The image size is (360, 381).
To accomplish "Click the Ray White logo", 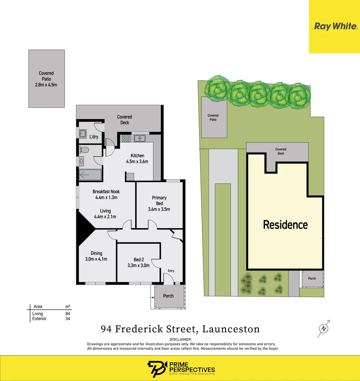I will (335, 26).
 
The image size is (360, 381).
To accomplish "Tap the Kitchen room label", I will (137, 156).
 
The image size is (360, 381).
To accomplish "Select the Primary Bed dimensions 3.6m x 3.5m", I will (159, 209).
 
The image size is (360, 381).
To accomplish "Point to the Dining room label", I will (96, 253).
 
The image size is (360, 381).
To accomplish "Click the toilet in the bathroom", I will (84, 150).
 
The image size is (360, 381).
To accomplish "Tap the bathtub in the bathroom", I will (90, 174).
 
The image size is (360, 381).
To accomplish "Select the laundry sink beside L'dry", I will (83, 134).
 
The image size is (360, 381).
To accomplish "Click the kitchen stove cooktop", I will (126, 138).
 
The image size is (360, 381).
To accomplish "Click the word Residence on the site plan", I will (285, 225).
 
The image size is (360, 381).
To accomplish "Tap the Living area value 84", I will (67, 314).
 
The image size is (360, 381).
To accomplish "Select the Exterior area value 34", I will (67, 319).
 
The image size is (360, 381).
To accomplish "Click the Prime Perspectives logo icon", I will (154, 369).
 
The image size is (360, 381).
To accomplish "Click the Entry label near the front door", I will (171, 271).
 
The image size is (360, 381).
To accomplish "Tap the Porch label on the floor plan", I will (168, 296).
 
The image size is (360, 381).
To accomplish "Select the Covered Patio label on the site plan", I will (213, 117).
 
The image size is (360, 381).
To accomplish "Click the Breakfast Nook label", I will (106, 192).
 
